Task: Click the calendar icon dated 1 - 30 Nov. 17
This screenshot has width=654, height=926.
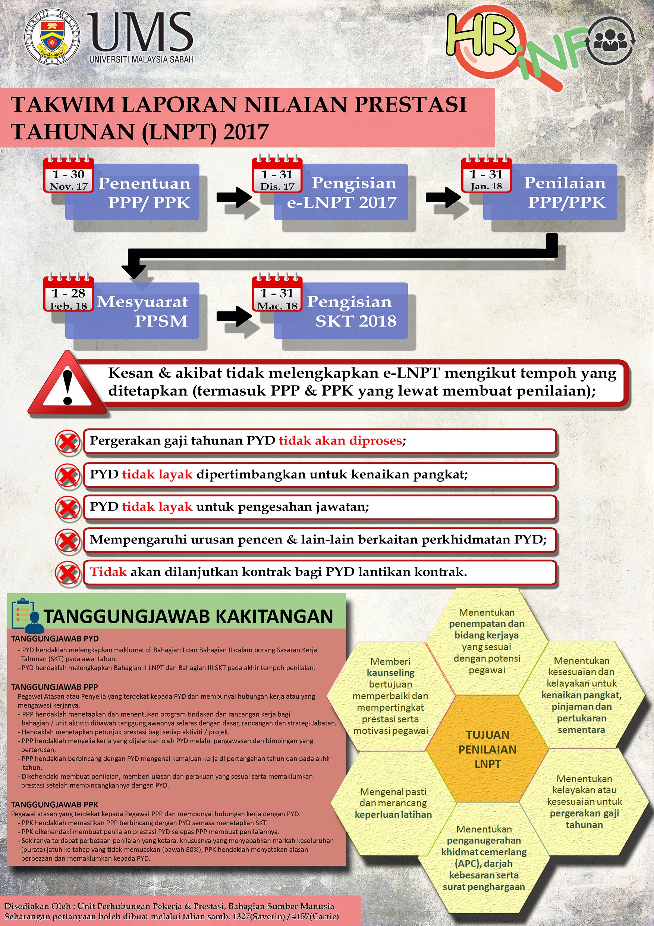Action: [69, 175]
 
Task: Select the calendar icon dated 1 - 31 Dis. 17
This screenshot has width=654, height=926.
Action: [277, 175]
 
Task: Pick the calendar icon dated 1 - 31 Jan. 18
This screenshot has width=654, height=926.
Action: [486, 175]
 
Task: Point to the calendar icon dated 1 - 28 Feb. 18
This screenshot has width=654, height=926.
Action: [69, 294]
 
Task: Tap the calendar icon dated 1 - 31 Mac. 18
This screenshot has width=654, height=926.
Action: [277, 294]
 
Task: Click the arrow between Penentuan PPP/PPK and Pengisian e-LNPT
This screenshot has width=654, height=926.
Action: [234, 197]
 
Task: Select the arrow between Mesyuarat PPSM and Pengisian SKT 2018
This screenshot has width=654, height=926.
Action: [234, 316]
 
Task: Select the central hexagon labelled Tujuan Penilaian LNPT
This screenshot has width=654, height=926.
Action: [487, 749]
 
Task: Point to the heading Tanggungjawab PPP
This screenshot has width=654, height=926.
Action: [54, 687]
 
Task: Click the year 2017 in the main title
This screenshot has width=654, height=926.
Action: [246, 132]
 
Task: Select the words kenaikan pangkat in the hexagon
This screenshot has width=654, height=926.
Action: [581, 695]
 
